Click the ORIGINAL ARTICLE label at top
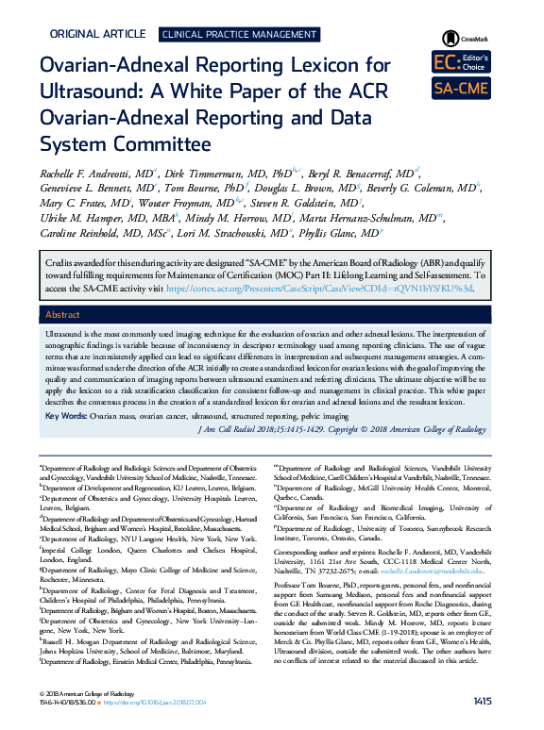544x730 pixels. click(x=96, y=33)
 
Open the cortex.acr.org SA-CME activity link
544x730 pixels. click(x=378, y=288)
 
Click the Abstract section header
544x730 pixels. click(x=64, y=316)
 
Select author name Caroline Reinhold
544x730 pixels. click(x=93, y=233)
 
